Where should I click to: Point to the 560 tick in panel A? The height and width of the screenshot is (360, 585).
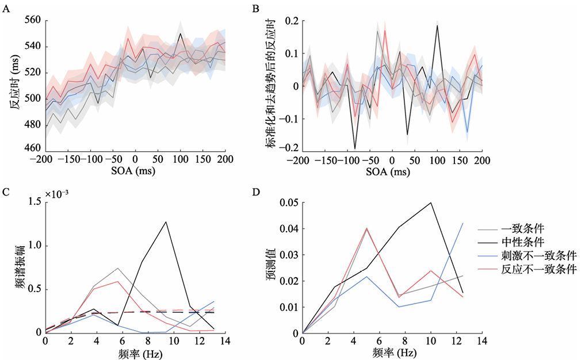pos(32,20)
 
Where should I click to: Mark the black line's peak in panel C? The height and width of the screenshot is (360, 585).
pos(167,221)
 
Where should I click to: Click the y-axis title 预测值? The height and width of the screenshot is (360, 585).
pos(270,267)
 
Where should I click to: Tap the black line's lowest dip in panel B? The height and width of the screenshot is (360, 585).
pos(355,148)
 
